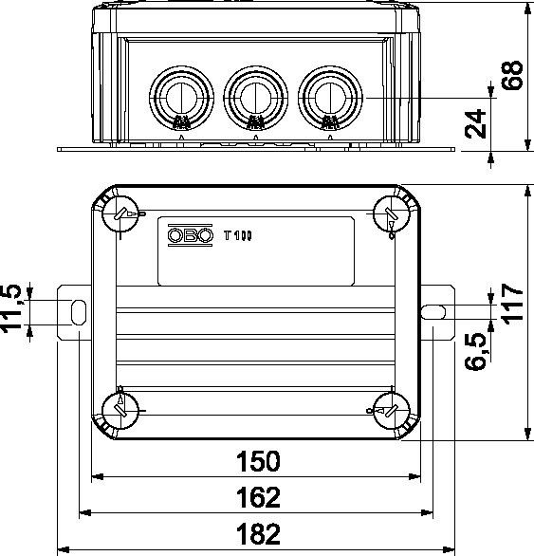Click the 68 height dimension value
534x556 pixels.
point(513,77)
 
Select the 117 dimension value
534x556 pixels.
point(513,303)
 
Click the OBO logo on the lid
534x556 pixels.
point(187,236)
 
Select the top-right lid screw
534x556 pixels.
point(390,213)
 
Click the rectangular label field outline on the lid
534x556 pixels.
point(257,250)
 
